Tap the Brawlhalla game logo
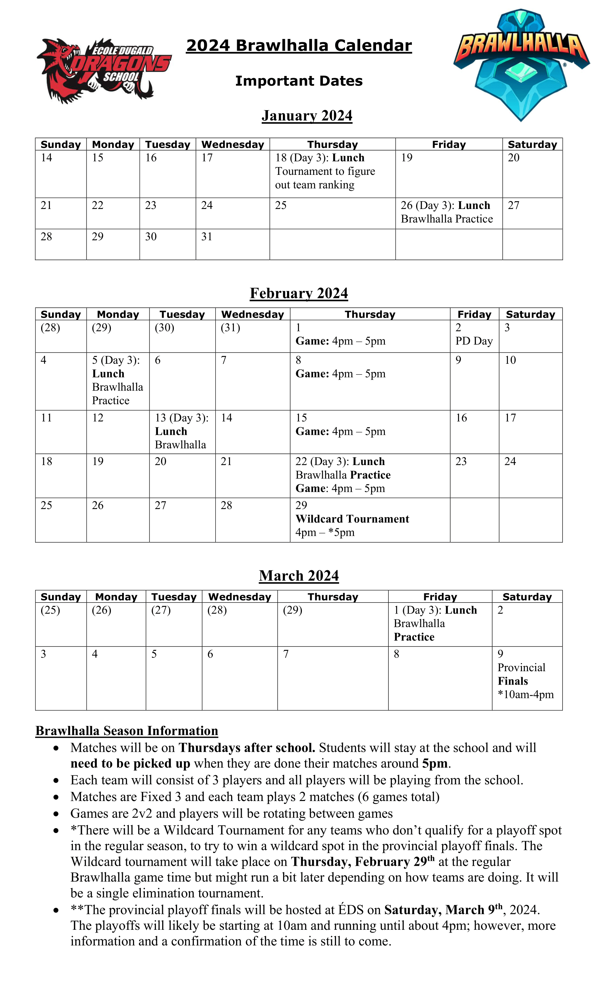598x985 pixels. click(521, 64)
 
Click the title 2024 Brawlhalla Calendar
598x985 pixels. click(299, 46)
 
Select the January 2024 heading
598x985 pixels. click(307, 116)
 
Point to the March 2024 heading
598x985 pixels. click(299, 576)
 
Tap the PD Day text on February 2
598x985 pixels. click(474, 341)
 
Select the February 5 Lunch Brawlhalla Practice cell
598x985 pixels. click(117, 381)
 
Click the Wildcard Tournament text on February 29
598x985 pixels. click(352, 519)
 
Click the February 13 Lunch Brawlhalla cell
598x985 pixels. click(182, 431)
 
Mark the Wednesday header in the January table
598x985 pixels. click(233, 144)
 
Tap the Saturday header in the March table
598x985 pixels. click(527, 597)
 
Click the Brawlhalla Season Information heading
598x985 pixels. click(127, 731)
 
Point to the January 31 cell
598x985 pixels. click(232, 244)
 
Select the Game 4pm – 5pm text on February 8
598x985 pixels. click(340, 374)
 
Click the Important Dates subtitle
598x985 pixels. click(299, 81)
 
